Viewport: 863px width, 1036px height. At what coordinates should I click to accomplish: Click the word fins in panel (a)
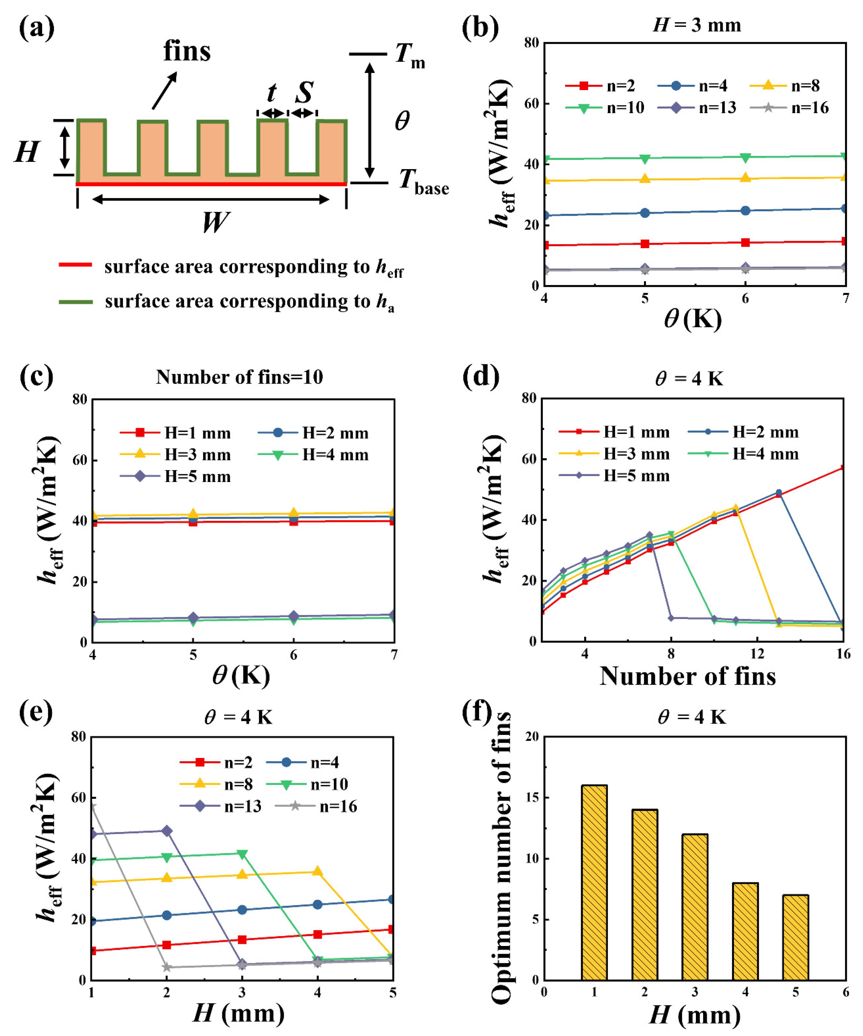pyautogui.click(x=187, y=51)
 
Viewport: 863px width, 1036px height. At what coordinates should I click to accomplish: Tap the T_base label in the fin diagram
pyautogui.click(x=423, y=182)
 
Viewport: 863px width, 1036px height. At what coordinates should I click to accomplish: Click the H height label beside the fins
pyautogui.click(x=27, y=152)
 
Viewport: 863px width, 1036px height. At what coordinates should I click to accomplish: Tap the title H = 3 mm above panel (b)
pyautogui.click(x=697, y=25)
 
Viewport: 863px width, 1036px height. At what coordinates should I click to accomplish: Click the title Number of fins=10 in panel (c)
pyautogui.click(x=239, y=377)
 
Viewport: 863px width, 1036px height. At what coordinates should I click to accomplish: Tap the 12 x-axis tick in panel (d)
pyautogui.click(x=757, y=654)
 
